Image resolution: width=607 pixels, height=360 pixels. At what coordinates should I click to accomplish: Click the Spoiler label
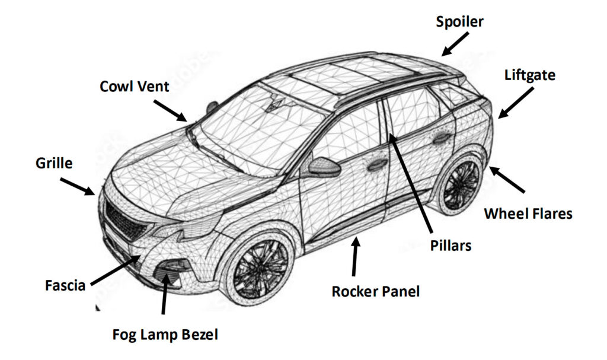(459, 23)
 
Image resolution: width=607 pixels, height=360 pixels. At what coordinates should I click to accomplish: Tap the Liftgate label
(529, 75)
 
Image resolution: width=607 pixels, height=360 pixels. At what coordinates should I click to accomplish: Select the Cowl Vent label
(134, 87)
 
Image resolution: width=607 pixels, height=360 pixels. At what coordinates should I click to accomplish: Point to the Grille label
(54, 163)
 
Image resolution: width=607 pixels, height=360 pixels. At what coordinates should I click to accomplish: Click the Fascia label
(65, 285)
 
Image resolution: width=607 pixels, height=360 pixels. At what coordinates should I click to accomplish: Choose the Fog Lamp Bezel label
(165, 334)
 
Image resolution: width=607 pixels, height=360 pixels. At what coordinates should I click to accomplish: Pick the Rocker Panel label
(376, 291)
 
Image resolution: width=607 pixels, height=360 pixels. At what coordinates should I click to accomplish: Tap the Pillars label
(451, 244)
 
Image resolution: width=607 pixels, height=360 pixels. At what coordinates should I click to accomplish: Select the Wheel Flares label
(528, 214)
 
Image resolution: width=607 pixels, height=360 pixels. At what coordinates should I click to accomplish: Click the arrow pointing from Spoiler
(453, 44)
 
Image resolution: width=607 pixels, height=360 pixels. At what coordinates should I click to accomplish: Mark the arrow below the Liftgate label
(515, 101)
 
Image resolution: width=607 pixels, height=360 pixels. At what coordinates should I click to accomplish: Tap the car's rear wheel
(461, 184)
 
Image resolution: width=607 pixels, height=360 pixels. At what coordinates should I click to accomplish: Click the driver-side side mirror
(324, 167)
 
